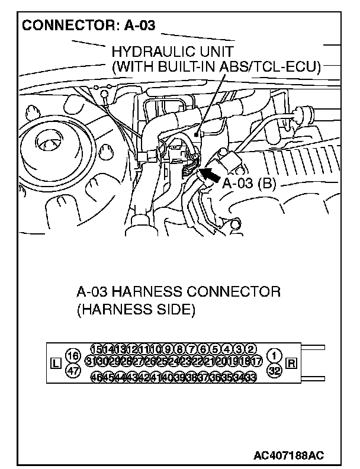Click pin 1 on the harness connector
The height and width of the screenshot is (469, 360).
pyautogui.click(x=275, y=355)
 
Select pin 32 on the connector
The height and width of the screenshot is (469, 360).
pyautogui.click(x=275, y=371)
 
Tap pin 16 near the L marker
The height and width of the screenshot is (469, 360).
pyautogui.click(x=73, y=355)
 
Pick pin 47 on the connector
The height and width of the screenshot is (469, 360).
pyautogui.click(x=73, y=371)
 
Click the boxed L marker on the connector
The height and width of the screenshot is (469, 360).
pyautogui.click(x=56, y=363)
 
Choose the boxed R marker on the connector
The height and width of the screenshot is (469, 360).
pyautogui.click(x=291, y=363)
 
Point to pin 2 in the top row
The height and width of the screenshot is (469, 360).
pyautogui.click(x=251, y=349)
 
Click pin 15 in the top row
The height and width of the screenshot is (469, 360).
pyautogui.click(x=96, y=349)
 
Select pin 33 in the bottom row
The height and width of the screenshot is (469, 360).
pyautogui.click(x=251, y=377)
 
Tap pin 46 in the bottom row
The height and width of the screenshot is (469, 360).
pyautogui.click(x=96, y=377)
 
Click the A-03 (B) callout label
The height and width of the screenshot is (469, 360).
pyautogui.click(x=249, y=183)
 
